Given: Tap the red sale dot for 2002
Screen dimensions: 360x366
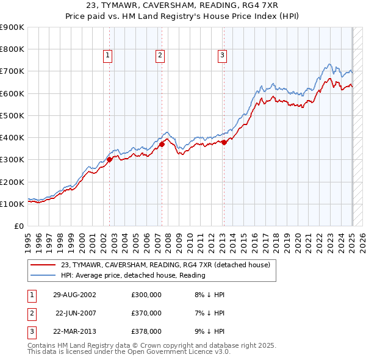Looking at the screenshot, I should pos(109,159).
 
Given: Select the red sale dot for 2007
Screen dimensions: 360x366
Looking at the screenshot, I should pos(162,144).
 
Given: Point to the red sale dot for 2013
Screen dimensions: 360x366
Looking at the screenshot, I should pos(224,142).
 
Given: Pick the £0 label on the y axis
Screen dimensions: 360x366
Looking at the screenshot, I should pos(18,226).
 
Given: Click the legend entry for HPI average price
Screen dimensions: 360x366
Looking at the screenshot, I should pos(133,275).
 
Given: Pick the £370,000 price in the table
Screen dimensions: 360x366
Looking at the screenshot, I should pos(146,313).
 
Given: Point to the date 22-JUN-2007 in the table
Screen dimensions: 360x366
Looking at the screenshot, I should pos(76,313).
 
